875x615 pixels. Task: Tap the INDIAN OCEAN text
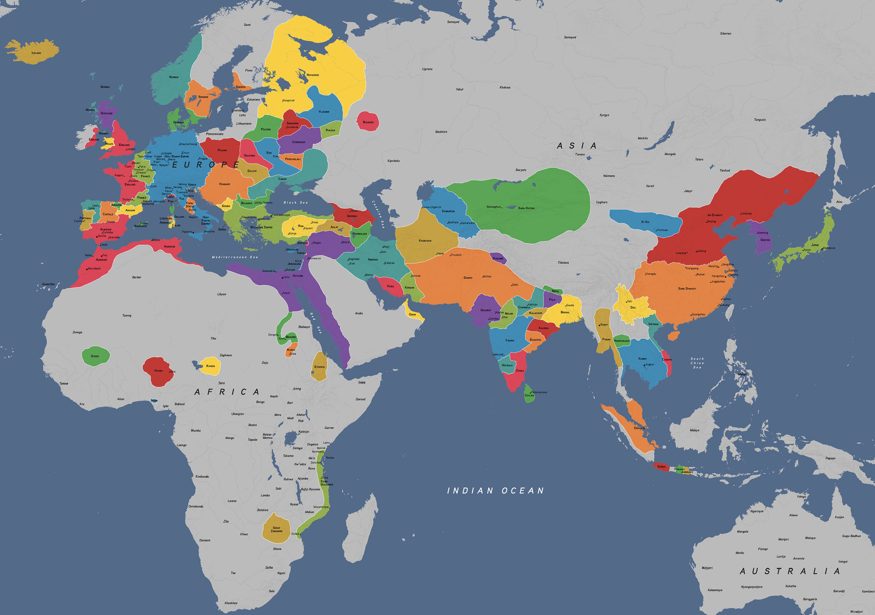[x=496, y=491]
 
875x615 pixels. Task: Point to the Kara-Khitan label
[x=526, y=208]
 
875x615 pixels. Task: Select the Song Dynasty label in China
[x=687, y=289]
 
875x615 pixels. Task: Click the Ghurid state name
[x=468, y=278]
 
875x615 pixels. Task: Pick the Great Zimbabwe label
[x=277, y=529]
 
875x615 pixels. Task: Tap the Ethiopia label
[x=319, y=367]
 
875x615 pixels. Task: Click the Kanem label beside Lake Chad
[x=210, y=366]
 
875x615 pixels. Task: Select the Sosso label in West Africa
[x=95, y=356]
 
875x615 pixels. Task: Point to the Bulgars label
[x=368, y=122]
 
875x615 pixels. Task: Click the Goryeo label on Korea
[x=765, y=240]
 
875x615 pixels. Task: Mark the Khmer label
[x=643, y=359]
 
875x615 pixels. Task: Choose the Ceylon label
[x=529, y=395]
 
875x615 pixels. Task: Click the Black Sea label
[x=295, y=203]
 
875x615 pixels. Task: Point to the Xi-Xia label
[x=645, y=222]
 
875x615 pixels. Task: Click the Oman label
[x=412, y=315]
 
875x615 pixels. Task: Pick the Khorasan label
[x=425, y=241]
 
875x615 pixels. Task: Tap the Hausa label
[x=159, y=371]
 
